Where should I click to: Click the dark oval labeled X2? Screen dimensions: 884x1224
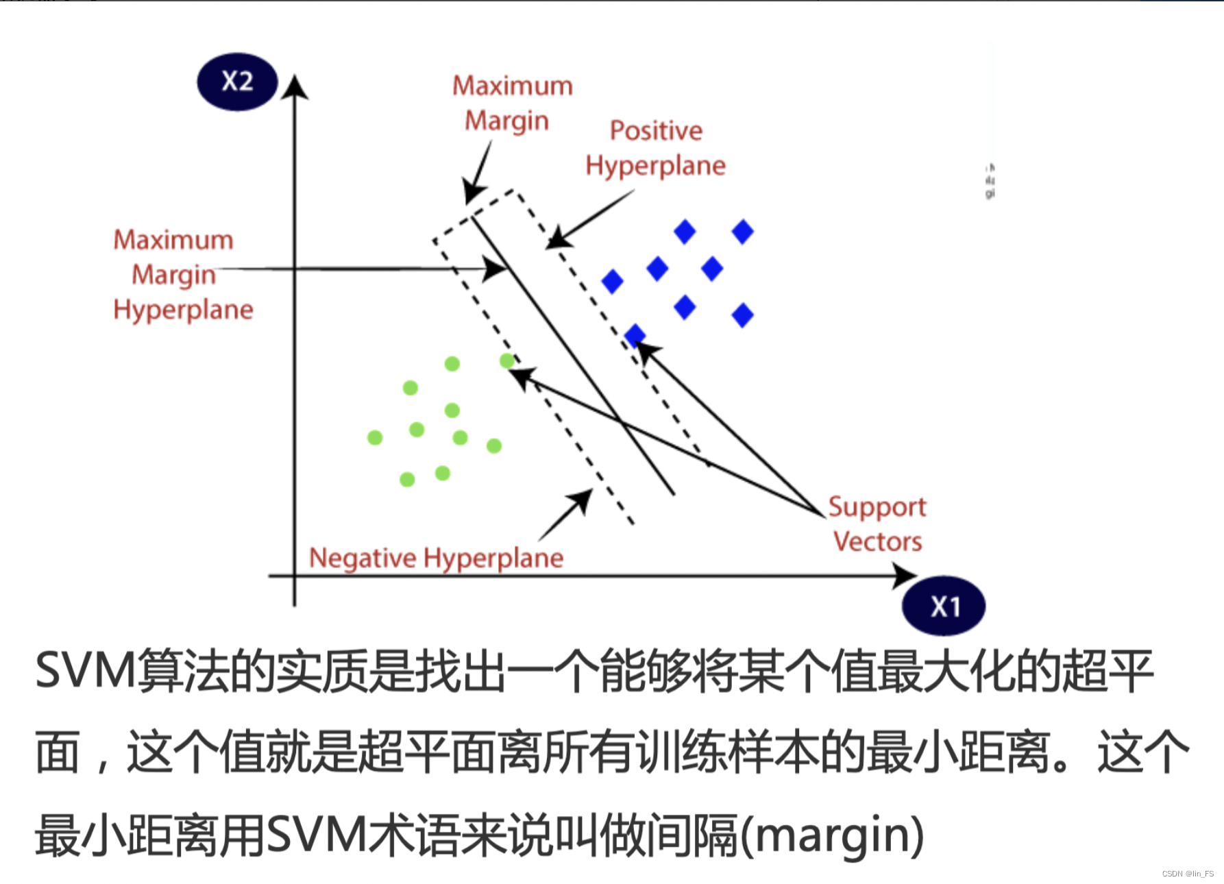(237, 82)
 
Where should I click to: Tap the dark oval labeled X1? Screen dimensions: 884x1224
(944, 606)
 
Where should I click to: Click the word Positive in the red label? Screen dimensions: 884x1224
(656, 131)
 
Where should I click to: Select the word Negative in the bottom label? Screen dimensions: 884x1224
(363, 558)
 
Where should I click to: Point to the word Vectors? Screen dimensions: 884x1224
(877, 541)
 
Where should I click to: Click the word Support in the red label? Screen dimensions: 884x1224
(877, 507)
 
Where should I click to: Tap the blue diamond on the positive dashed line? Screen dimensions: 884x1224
(635, 335)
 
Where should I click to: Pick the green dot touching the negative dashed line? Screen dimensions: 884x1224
(507, 360)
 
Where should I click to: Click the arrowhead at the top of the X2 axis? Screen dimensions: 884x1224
(295, 88)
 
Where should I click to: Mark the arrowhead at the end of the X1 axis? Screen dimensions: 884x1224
(905, 576)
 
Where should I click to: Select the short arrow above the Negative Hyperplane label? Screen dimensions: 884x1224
(566, 515)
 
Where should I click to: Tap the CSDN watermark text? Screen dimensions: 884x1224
(1187, 874)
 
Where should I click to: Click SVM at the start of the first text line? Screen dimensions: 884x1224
(86, 671)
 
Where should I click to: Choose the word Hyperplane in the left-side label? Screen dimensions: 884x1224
(183, 310)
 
